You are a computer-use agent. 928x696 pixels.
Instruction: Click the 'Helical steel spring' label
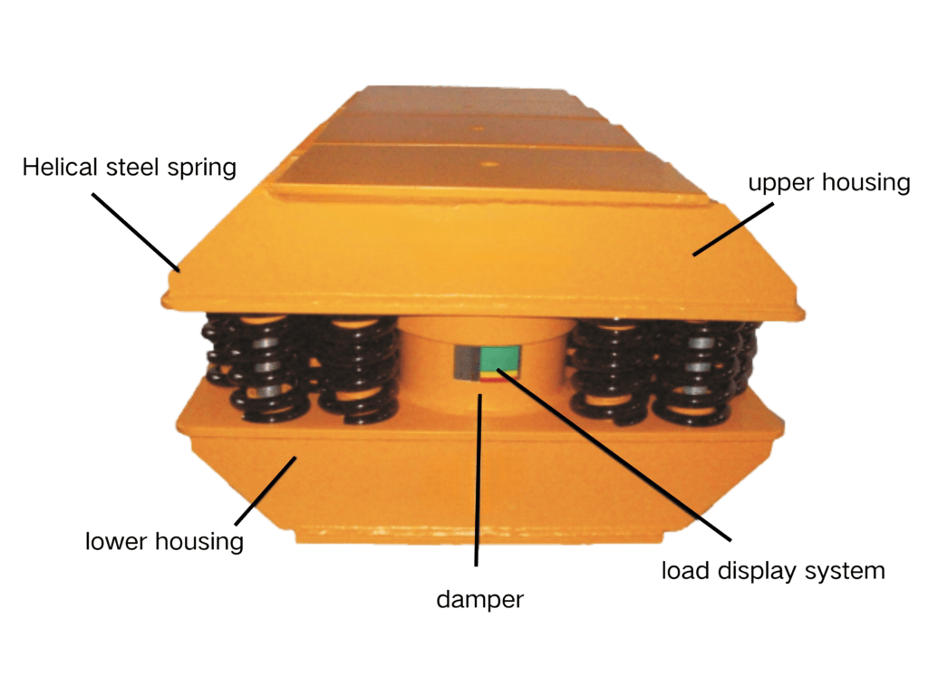click(x=129, y=168)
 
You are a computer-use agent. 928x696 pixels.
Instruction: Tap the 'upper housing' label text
click(x=829, y=183)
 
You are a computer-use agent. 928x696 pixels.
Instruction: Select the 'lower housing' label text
click(x=164, y=542)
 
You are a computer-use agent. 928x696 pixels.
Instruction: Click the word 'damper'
click(x=480, y=600)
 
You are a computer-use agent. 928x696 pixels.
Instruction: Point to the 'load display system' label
click(x=773, y=571)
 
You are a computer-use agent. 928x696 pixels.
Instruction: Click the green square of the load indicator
click(x=499, y=359)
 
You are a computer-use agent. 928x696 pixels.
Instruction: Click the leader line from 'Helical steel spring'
click(x=136, y=232)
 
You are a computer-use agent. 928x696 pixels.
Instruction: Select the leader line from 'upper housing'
click(x=733, y=229)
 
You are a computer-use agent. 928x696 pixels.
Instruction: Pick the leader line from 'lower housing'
click(x=266, y=490)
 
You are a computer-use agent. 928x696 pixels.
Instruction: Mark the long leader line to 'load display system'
click(x=614, y=455)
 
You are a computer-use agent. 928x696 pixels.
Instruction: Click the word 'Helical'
click(x=60, y=167)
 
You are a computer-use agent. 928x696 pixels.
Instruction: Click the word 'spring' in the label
click(x=202, y=169)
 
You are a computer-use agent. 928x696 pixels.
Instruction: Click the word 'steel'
click(x=132, y=167)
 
